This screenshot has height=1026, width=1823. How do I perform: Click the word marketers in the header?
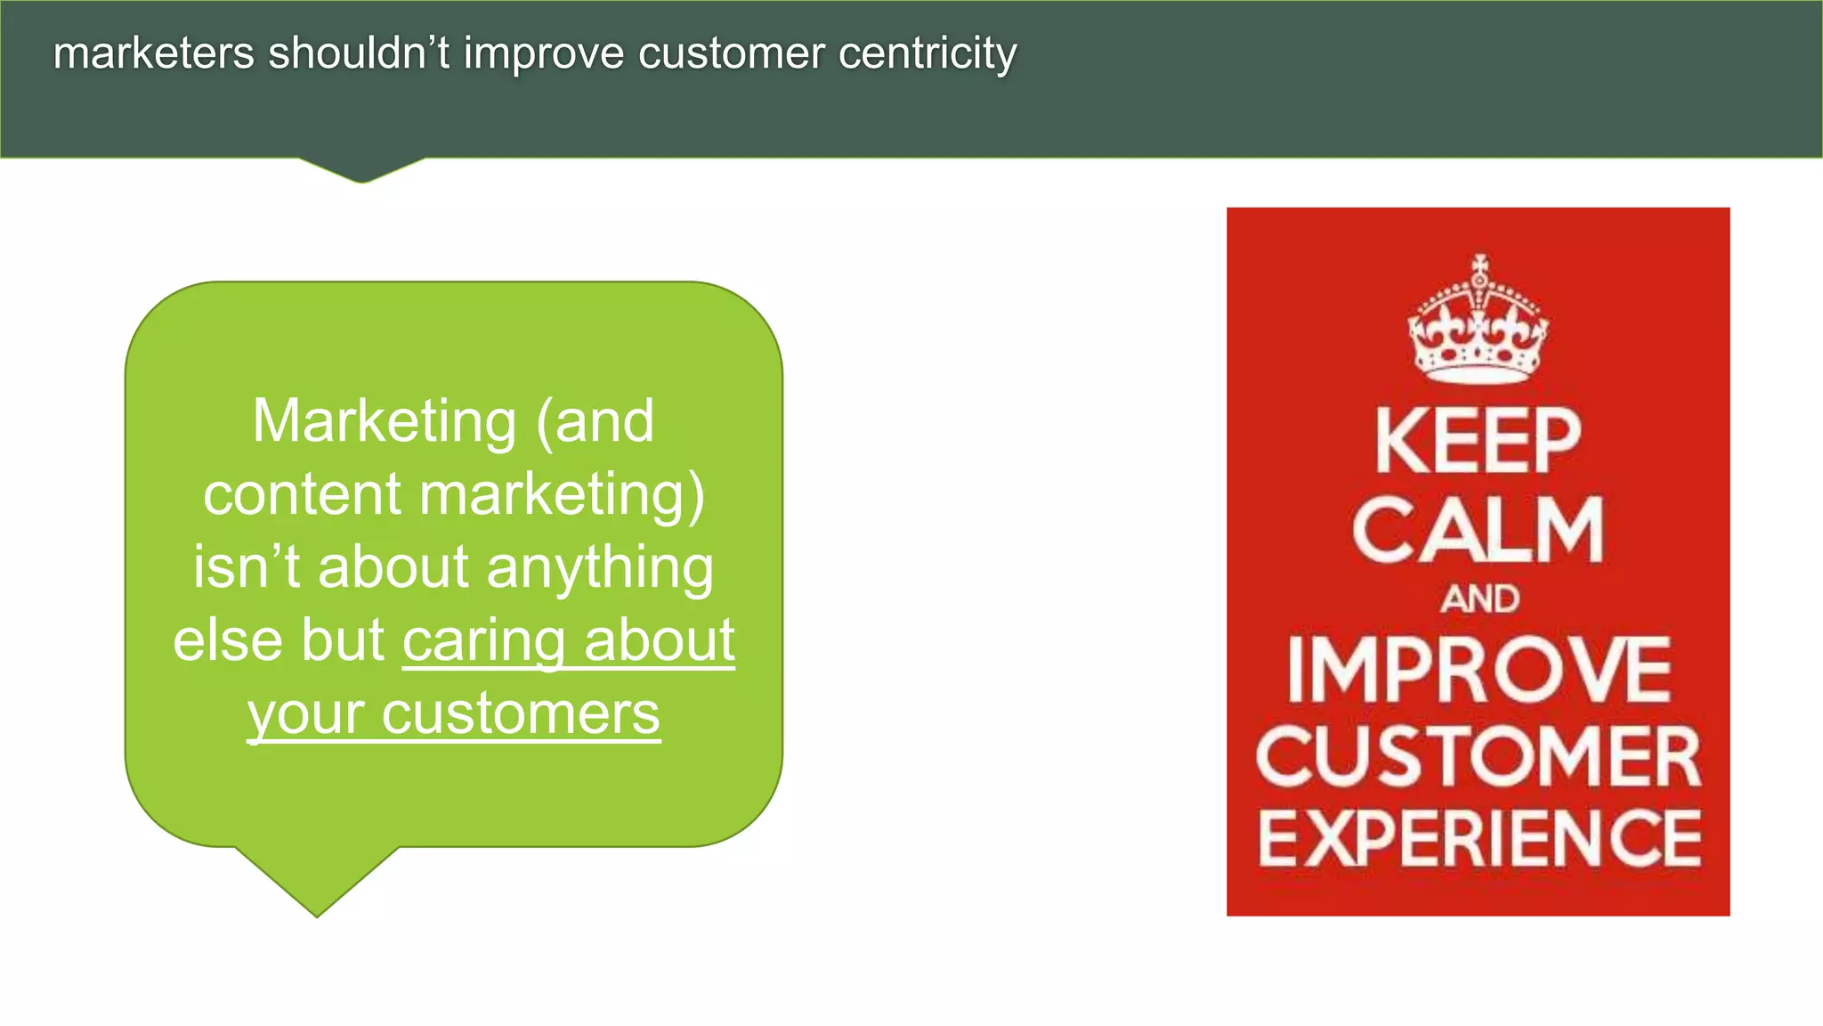point(153,53)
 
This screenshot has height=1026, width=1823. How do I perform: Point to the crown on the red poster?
point(1478,322)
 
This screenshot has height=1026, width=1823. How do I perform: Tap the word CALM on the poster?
point(1478,530)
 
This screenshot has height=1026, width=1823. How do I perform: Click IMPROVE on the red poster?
point(1478,670)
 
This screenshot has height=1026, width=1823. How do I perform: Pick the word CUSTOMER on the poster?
point(1478,755)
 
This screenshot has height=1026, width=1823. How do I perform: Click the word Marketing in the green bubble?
point(384,422)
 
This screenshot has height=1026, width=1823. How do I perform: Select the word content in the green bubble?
point(302,495)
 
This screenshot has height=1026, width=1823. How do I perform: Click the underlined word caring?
point(483,642)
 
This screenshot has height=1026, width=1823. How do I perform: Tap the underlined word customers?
point(521,715)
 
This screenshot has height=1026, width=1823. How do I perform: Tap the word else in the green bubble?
point(229,641)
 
